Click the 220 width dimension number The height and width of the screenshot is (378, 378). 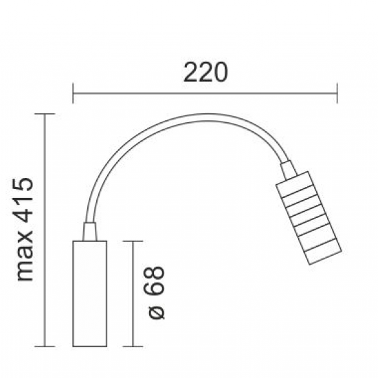click(205, 71)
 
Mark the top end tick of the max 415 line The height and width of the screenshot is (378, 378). click(45, 113)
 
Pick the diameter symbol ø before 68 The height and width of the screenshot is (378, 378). click(157, 310)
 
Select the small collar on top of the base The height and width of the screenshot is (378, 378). click(89, 232)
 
